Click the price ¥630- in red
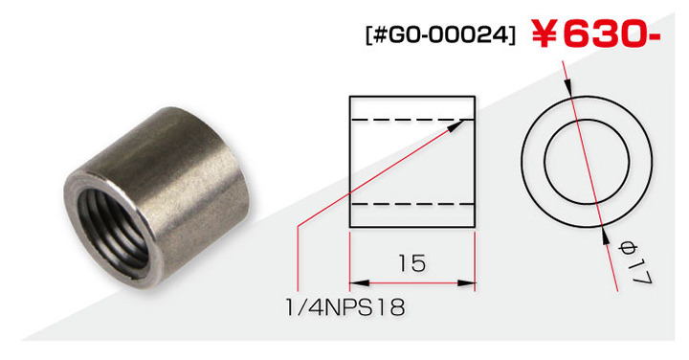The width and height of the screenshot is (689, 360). pyautogui.click(x=596, y=34)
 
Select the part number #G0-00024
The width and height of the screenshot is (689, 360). pyautogui.click(x=440, y=35)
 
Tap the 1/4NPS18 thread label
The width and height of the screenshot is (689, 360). pyautogui.click(x=345, y=306)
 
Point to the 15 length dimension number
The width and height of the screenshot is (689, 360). pyautogui.click(x=412, y=263)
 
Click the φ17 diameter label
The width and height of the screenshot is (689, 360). pyautogui.click(x=634, y=262)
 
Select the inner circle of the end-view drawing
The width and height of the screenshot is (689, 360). pyautogui.click(x=587, y=162)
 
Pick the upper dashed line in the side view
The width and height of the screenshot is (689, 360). pyautogui.click(x=412, y=120)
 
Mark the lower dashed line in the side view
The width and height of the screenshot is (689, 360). pyautogui.click(x=412, y=204)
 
